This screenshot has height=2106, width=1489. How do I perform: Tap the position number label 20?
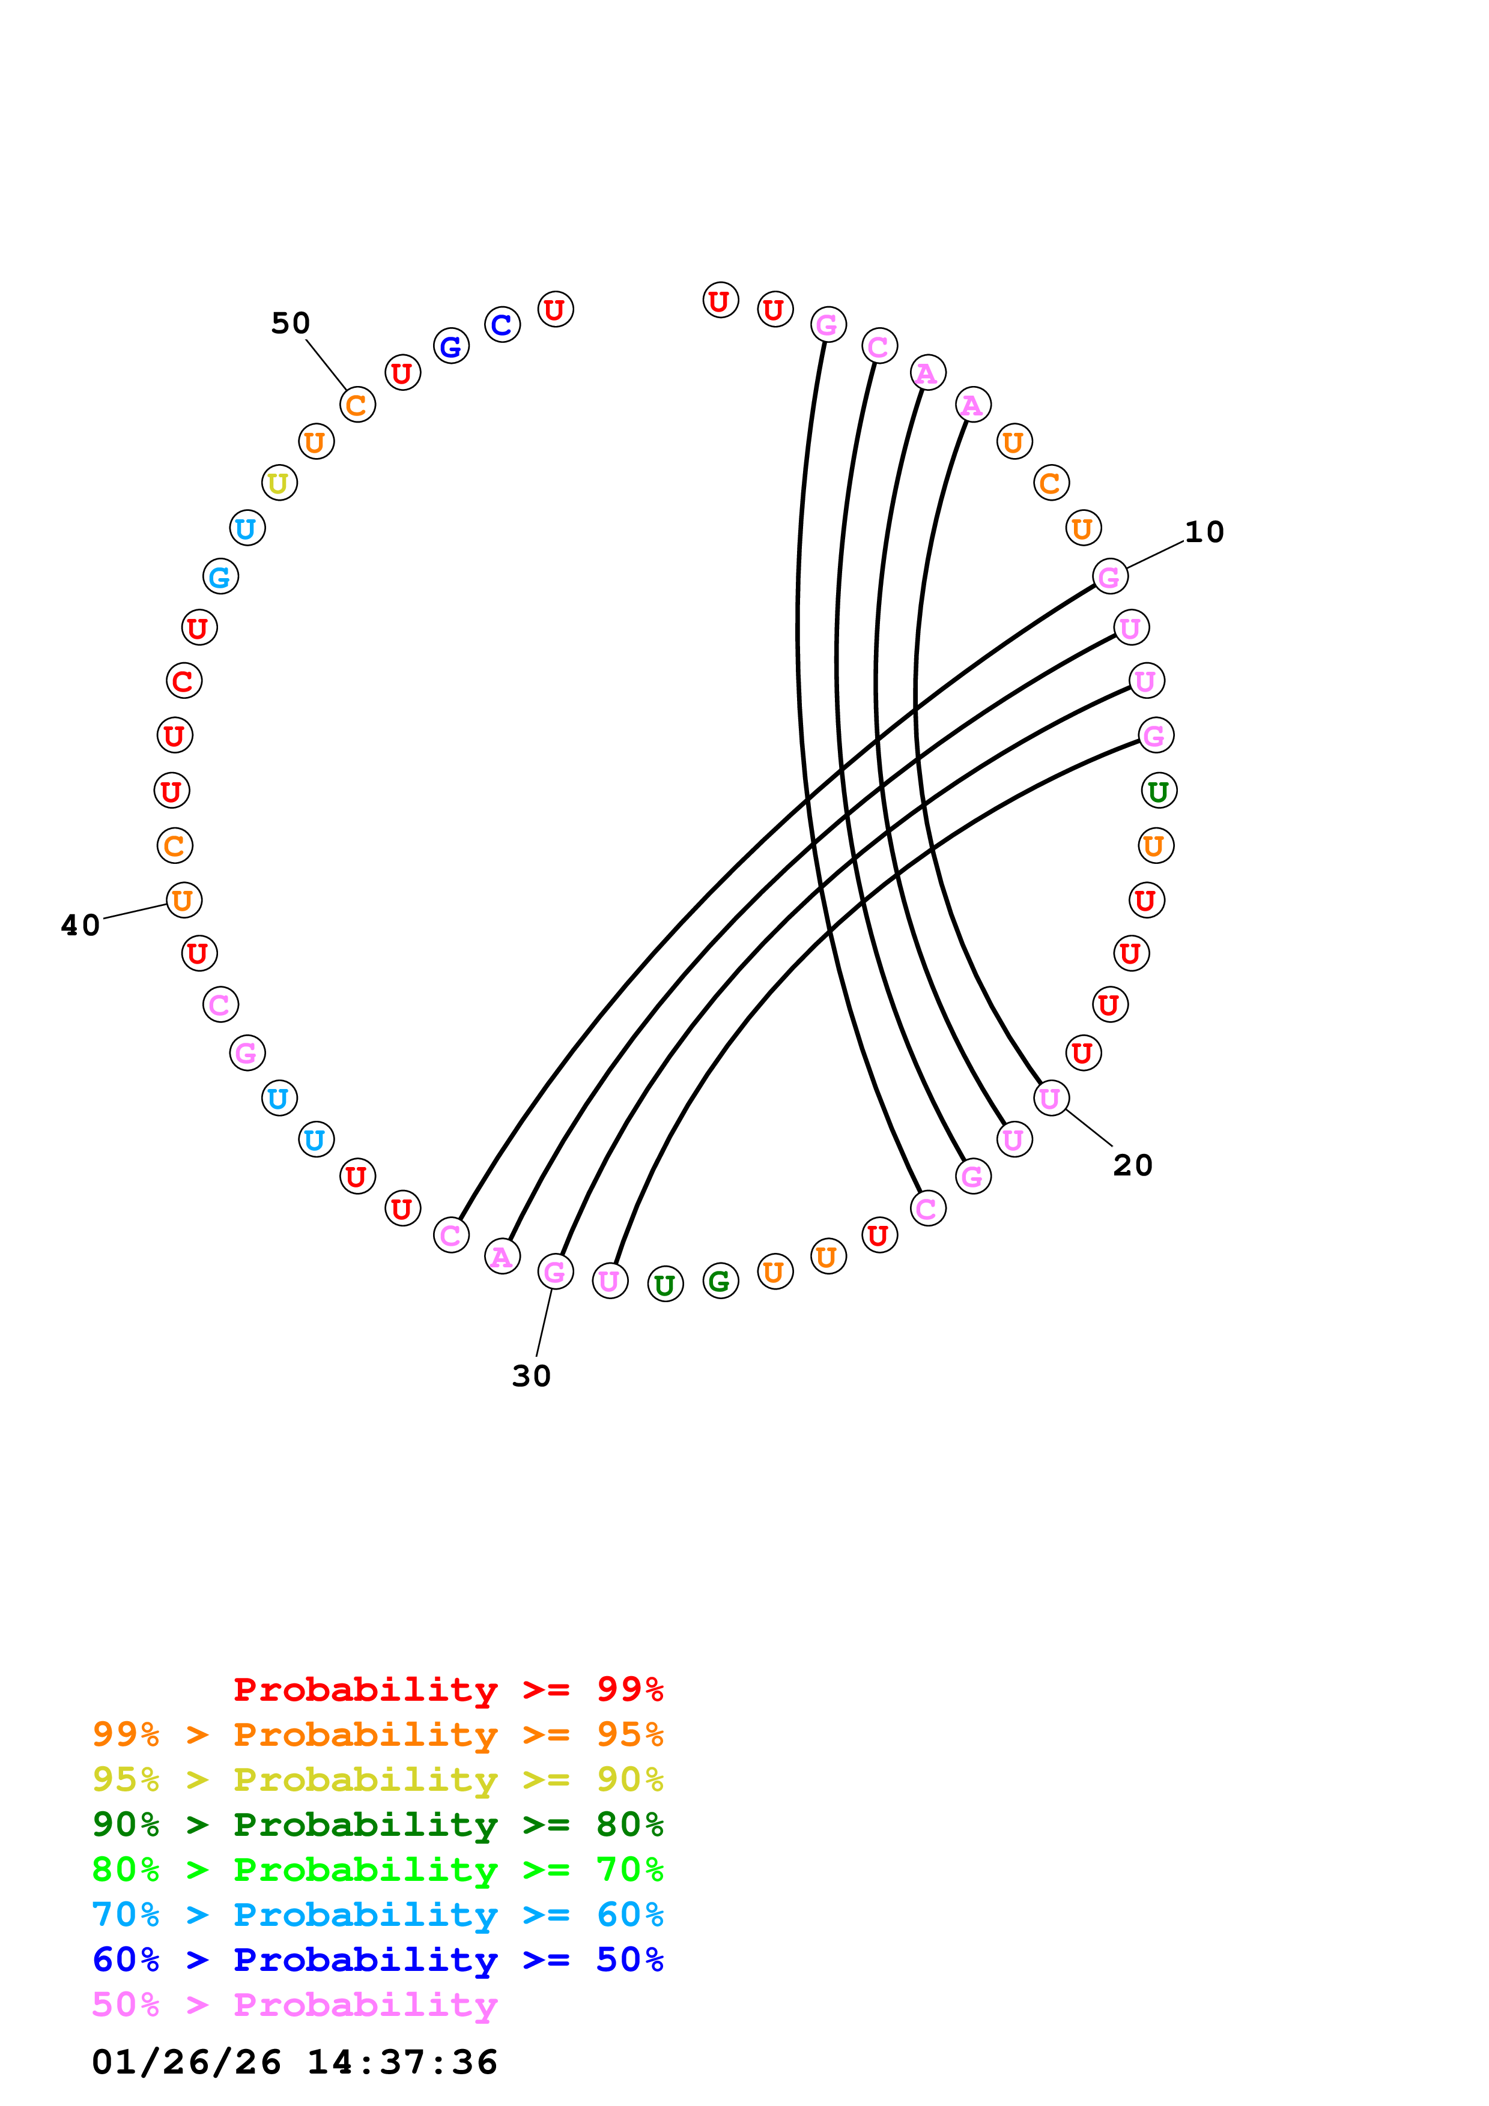point(1132,1165)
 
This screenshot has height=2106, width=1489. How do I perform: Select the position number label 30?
point(531,1376)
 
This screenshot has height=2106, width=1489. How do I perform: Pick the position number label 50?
point(290,323)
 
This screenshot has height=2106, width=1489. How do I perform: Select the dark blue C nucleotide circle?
point(502,324)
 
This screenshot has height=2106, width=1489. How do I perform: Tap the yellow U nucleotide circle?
point(279,483)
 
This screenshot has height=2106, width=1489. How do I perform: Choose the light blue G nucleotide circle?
point(220,577)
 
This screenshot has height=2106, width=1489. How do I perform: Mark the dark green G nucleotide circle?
point(720,1281)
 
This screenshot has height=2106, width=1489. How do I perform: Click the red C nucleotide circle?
point(183,681)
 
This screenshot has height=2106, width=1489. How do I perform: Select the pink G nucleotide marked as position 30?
point(555,1272)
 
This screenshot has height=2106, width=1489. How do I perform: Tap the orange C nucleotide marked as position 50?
point(357,405)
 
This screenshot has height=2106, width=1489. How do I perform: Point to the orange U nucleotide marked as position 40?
point(183,900)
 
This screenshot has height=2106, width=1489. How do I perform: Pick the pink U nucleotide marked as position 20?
point(1051,1098)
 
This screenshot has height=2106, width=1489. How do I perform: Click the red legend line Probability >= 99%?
point(447,1689)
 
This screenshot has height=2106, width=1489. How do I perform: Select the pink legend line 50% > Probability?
point(294,2005)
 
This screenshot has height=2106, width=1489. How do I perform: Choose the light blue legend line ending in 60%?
point(377,1914)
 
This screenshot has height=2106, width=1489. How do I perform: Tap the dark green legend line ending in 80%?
point(377,1824)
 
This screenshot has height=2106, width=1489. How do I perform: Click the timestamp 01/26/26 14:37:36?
point(294,2063)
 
